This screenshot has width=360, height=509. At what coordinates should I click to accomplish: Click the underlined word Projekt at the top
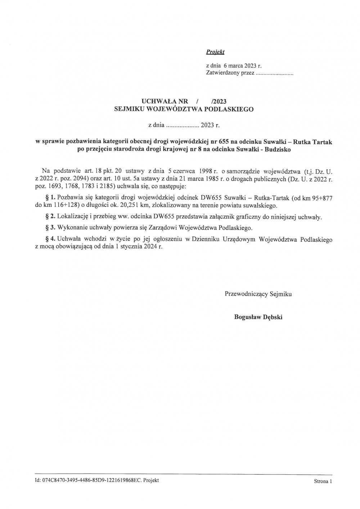click(215, 52)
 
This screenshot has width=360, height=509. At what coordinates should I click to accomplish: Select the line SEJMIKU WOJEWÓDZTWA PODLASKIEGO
click(184, 109)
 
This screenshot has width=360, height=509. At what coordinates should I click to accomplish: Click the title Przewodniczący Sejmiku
click(258, 294)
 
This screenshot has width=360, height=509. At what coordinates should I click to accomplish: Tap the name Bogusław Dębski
click(258, 317)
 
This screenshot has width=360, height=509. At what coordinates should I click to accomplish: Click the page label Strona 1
click(322, 481)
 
